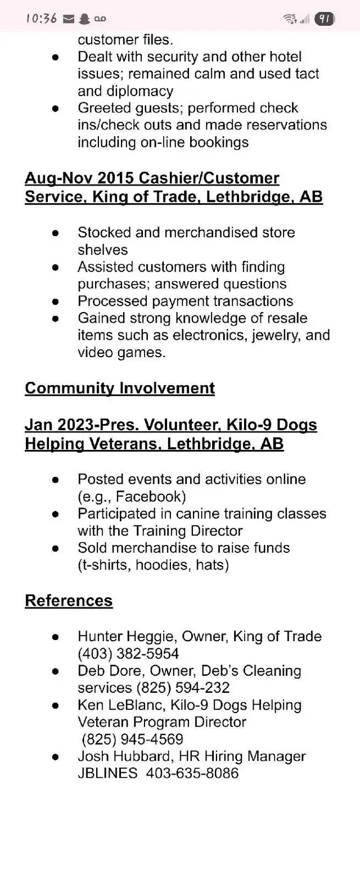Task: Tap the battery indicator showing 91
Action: pyautogui.click(x=324, y=19)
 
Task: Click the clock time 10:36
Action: pyautogui.click(x=41, y=19)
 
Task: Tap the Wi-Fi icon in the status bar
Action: pyautogui.click(x=290, y=19)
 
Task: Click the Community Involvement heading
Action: pyautogui.click(x=120, y=388)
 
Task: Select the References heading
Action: pyautogui.click(x=69, y=601)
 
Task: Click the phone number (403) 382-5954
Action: pyautogui.click(x=128, y=653)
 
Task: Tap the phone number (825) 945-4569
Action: pyautogui.click(x=133, y=739)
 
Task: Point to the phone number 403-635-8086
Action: pyautogui.click(x=192, y=773)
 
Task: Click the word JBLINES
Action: pyautogui.click(x=107, y=773)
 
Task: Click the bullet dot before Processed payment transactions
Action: pyautogui.click(x=55, y=301)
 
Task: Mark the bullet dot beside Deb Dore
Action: pyautogui.click(x=55, y=671)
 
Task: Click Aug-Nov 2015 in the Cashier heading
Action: pyautogui.click(x=79, y=178)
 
